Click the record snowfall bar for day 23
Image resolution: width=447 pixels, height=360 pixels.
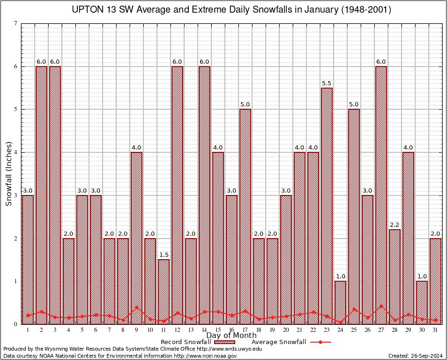tap(327, 206)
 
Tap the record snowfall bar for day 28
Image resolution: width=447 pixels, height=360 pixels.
tap(395, 277)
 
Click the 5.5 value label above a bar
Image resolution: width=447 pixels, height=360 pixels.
tap(327, 83)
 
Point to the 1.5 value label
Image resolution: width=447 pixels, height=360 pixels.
tap(164, 255)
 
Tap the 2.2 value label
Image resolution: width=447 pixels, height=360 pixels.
tap(395, 225)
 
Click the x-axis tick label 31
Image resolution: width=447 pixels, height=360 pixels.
tap(435, 330)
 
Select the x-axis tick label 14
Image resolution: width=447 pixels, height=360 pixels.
tap(204, 330)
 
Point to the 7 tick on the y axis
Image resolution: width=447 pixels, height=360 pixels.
tap(16, 23)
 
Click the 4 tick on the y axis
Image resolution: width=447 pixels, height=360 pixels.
tap(16, 152)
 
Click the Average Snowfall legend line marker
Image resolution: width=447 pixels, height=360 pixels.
tap(320, 342)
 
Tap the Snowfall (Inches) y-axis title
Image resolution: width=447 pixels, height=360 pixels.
tap(8, 174)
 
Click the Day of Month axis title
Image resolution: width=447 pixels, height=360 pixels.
tap(231, 336)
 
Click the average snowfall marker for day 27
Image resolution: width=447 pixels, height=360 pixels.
tap(381, 306)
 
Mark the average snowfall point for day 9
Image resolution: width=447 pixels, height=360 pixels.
tap(136, 308)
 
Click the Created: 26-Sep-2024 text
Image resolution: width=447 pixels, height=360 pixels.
tap(416, 356)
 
